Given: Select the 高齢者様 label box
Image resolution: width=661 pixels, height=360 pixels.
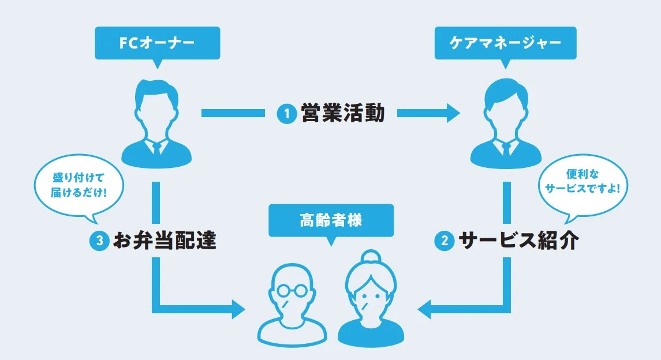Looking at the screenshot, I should (331, 220).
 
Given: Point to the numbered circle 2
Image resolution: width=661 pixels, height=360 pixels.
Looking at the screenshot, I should (444, 241).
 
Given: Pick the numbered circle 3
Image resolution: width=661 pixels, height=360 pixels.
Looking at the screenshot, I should (99, 241).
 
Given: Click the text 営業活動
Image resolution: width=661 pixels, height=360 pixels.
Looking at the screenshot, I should (342, 113).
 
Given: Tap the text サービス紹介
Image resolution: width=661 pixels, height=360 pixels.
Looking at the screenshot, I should (518, 241).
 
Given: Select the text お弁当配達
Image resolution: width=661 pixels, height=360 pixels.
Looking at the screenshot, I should (165, 241).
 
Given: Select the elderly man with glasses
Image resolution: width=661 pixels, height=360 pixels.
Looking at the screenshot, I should (292, 306).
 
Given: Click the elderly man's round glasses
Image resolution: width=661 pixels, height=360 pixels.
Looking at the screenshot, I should (292, 290).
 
